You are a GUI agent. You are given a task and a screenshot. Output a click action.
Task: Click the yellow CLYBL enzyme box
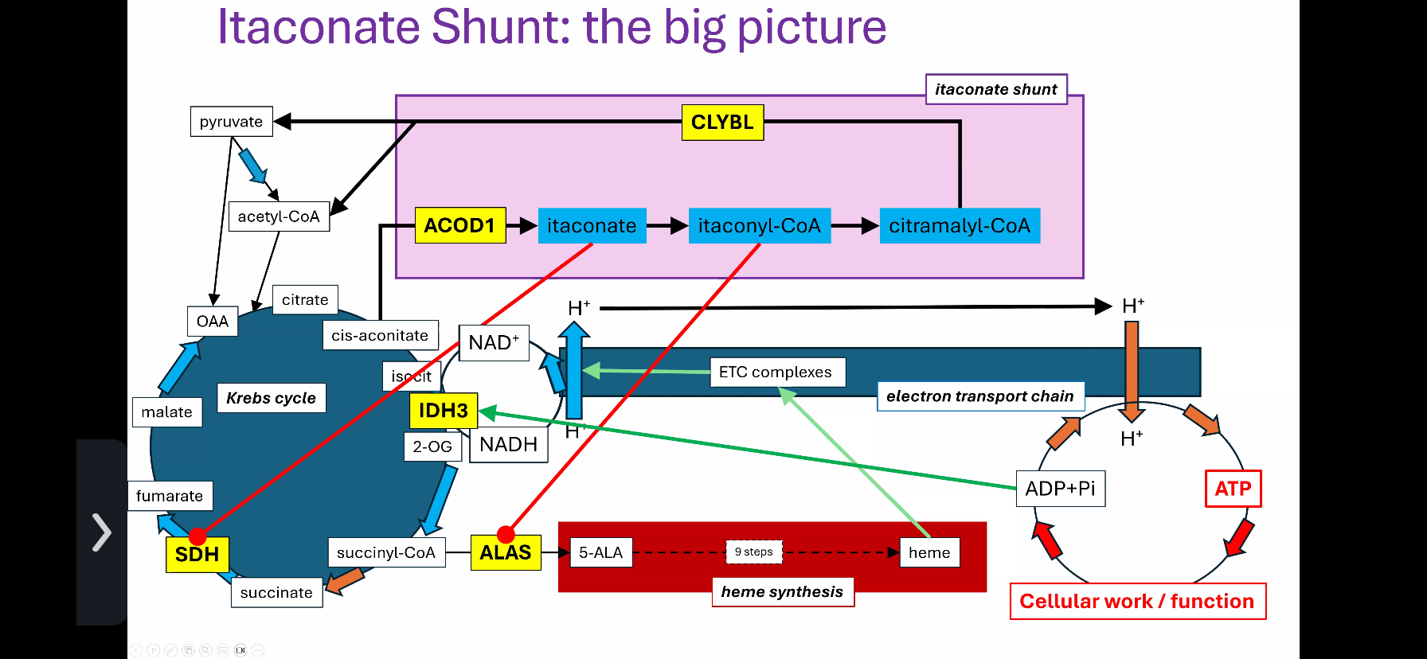click(722, 123)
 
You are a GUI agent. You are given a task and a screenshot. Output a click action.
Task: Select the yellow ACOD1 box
click(459, 225)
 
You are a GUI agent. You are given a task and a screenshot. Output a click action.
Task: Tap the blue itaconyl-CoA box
click(759, 226)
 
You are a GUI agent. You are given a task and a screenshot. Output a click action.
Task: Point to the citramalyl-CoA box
click(959, 226)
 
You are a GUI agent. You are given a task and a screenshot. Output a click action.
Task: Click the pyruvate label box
click(231, 122)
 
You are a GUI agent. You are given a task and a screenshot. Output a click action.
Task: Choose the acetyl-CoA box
click(278, 216)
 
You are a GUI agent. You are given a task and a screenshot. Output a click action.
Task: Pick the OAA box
click(212, 322)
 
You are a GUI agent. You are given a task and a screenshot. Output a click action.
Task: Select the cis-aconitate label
click(380, 336)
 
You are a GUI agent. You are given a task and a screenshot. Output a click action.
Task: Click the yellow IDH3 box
click(443, 411)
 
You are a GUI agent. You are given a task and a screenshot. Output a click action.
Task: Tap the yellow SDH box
click(197, 555)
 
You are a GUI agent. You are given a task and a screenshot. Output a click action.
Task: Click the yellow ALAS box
click(505, 553)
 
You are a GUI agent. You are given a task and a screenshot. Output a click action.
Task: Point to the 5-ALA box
click(600, 552)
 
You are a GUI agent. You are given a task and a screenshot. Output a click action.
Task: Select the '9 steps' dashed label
click(753, 552)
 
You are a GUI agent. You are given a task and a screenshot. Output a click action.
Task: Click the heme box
click(929, 552)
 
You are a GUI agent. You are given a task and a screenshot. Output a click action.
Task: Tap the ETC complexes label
click(776, 372)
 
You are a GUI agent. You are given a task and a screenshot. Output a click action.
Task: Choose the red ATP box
click(1233, 489)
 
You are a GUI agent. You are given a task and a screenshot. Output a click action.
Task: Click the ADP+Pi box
click(1060, 489)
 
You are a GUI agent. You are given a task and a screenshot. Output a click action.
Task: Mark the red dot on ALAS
click(506, 534)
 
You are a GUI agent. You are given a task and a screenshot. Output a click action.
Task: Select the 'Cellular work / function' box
click(1136, 602)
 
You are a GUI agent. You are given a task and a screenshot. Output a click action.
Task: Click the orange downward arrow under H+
click(1132, 370)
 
